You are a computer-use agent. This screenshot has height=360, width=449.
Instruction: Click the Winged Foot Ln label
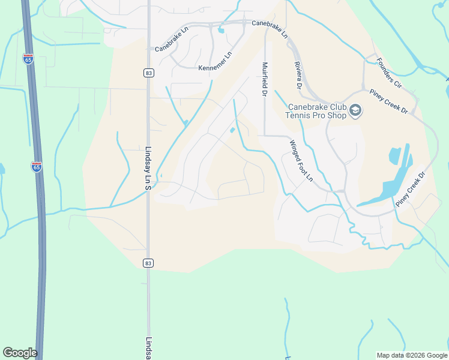tap(301, 160)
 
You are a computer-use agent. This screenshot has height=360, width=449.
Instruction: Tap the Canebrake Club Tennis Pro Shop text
tap(318, 111)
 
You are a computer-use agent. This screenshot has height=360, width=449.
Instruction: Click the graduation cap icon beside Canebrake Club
tap(355, 111)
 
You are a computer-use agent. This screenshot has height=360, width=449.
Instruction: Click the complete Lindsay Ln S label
tap(148, 169)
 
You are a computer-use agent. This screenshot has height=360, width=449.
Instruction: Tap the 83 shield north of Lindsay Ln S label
tap(148, 73)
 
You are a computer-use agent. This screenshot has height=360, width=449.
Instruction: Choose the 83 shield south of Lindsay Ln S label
tap(148, 263)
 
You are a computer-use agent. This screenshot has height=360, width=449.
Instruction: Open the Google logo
tap(20, 353)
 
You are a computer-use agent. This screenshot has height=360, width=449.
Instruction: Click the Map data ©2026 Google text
tap(412, 355)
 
